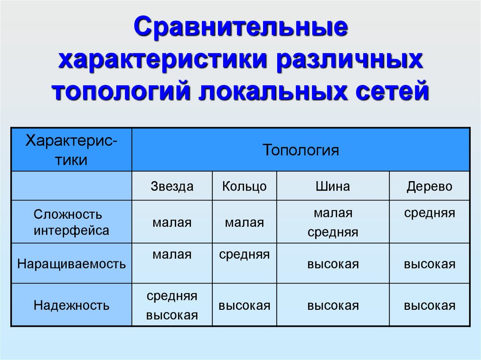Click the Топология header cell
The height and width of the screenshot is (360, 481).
pos(301,150)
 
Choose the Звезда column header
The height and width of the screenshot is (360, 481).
pos(172,186)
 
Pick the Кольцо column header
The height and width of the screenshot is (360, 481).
pos(244,186)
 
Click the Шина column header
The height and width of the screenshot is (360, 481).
pos(333,186)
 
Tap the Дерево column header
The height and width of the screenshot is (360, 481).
pos(429,186)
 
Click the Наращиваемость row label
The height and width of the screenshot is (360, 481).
pos(71,264)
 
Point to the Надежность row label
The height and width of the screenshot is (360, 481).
pos(71,306)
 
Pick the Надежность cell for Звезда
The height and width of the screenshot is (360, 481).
pos(172,306)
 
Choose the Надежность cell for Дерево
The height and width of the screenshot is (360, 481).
pos(429,306)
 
